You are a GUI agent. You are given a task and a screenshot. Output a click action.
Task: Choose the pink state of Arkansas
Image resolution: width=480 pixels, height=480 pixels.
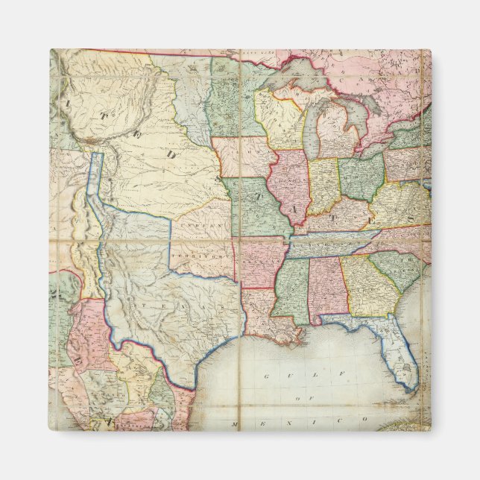coord(258,262)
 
